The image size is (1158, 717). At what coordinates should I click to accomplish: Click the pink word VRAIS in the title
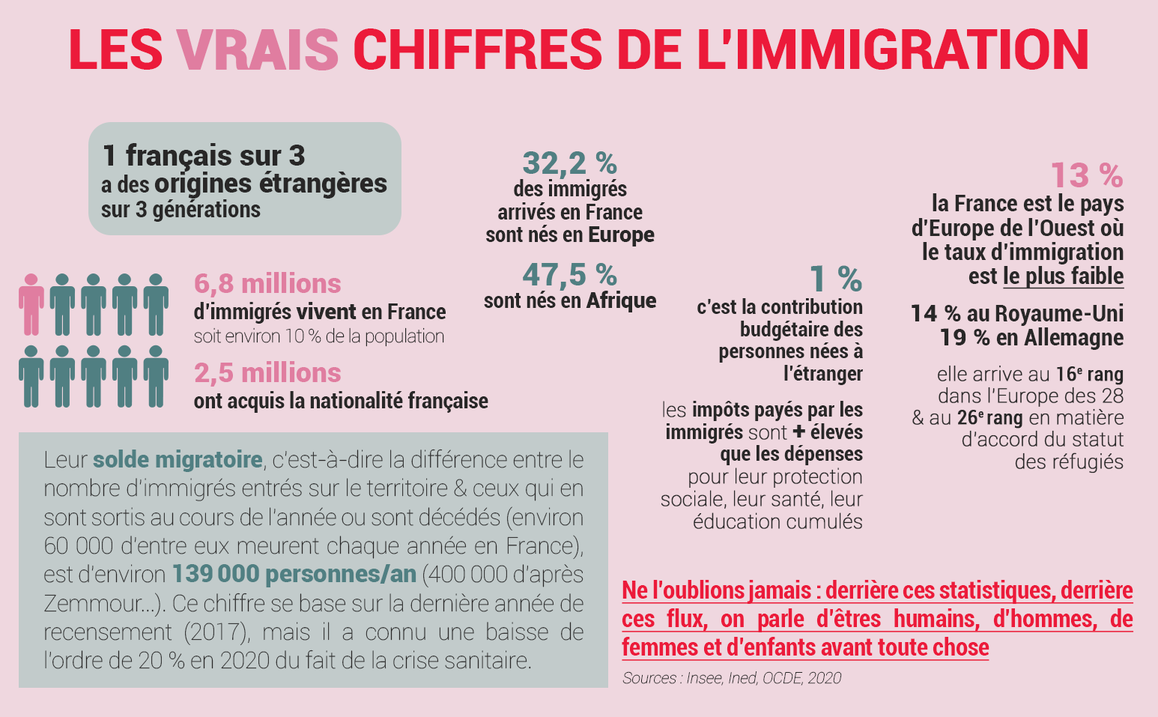pos(258,49)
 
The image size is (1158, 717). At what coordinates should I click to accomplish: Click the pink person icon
pos(31,303)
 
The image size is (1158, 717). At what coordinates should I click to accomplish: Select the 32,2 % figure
pos(569,163)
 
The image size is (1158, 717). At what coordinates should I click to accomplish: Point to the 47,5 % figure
pos(569,275)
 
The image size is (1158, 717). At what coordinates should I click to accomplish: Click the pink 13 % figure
pos(1086,176)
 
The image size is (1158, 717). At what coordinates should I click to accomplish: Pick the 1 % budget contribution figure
pos(836,279)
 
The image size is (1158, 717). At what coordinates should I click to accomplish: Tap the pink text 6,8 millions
pos(267,284)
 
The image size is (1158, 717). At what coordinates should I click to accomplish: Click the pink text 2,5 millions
pos(267,373)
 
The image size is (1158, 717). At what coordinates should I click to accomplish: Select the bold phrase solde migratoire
pos(178,459)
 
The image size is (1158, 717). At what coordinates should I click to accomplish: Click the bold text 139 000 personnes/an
pos(294,574)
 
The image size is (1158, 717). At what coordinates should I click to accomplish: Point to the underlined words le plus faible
pos(1063,276)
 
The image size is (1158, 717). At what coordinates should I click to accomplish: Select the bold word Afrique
pos(621,301)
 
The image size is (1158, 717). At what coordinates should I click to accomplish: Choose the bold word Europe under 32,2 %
pos(621,235)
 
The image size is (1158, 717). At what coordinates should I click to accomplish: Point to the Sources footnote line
pos(731,678)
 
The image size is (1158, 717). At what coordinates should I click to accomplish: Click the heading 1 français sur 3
pos(204,156)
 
